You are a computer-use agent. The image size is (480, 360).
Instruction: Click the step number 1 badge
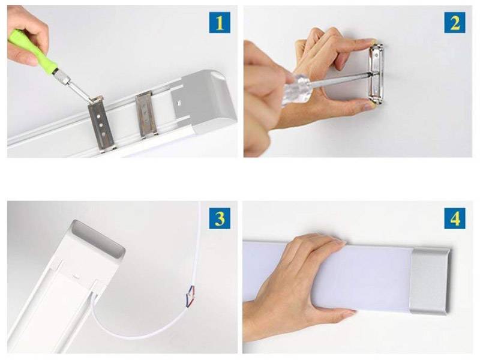[x=220, y=22]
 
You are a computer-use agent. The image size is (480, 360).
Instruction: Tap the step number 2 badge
[x=455, y=22]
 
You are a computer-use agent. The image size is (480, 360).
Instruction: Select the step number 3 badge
[x=220, y=218]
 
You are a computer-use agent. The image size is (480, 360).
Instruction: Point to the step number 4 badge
[x=455, y=218]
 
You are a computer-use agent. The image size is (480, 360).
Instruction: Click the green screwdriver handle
[x=34, y=50]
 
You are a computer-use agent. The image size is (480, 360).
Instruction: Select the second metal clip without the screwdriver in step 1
[x=146, y=114]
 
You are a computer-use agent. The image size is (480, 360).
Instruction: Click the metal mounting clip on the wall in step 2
[x=376, y=74]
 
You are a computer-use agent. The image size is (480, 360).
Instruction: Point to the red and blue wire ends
[x=190, y=296]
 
